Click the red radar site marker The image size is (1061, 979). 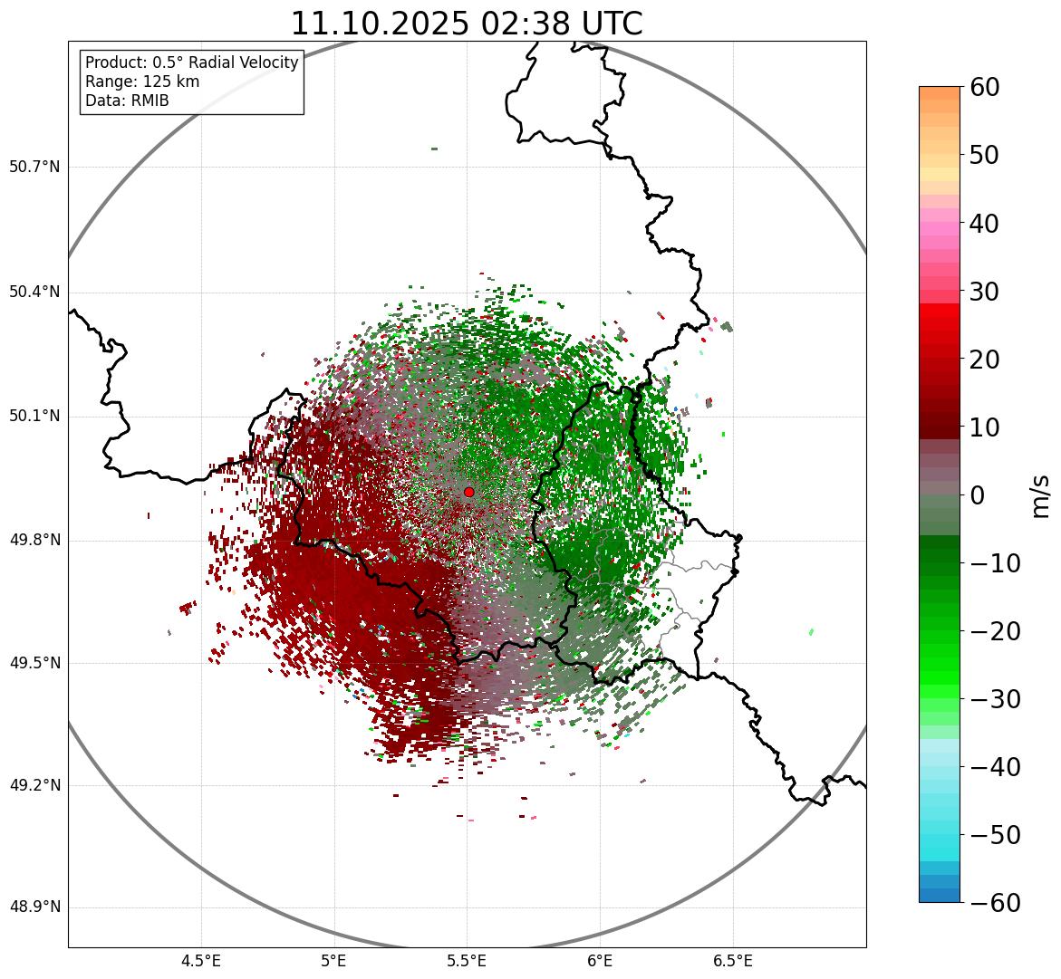(x=468, y=492)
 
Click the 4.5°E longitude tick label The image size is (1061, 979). (x=201, y=961)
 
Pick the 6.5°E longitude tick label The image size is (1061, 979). (x=732, y=961)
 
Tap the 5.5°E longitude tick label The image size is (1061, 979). (x=467, y=961)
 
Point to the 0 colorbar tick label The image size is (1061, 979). (x=978, y=495)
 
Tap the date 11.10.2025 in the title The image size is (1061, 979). (x=380, y=24)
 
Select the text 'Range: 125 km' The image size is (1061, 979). (x=142, y=82)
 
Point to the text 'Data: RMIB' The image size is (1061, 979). (x=127, y=101)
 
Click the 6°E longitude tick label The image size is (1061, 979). (x=600, y=961)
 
